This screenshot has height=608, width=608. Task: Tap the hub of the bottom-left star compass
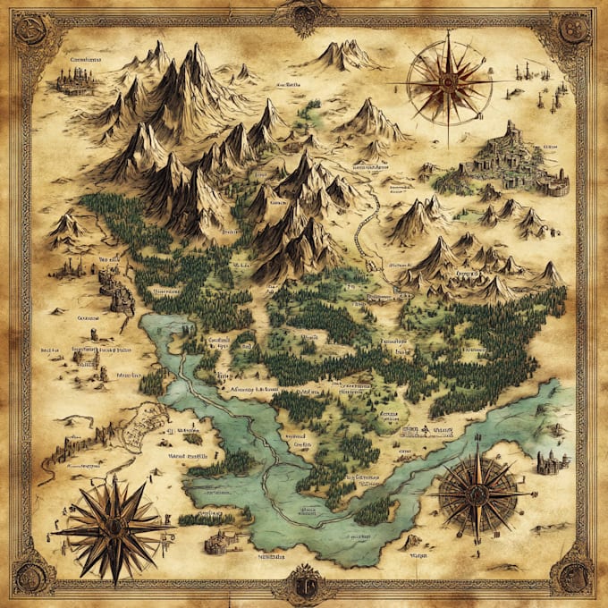[x=114, y=528]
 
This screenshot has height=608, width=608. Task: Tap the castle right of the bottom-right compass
[x=552, y=461]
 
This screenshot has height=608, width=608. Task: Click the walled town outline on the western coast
[x=143, y=427]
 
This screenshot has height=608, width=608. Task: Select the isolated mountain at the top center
[x=344, y=55]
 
